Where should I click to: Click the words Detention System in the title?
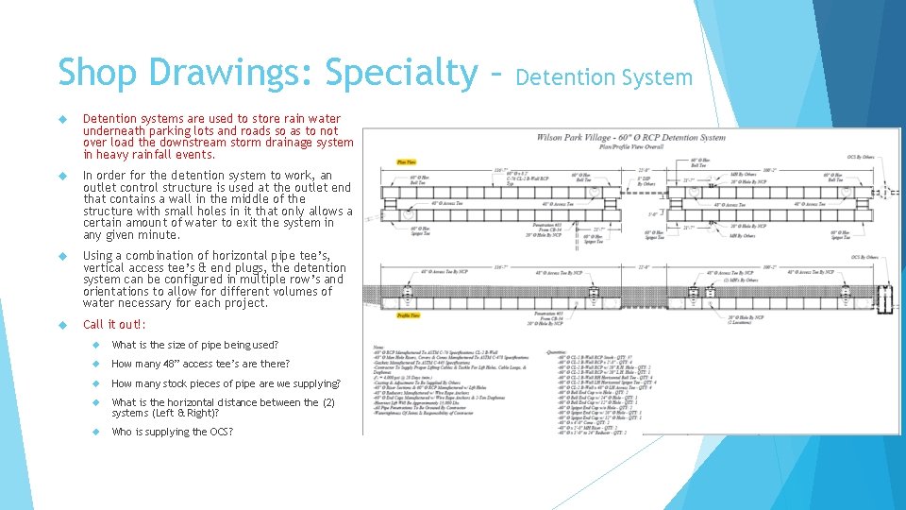pos(603,76)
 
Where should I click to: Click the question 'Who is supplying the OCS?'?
pos(172,432)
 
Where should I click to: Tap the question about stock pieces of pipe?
pos(226,383)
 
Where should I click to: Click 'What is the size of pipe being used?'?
pos(194,345)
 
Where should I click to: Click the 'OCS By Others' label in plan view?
pos(859,157)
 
